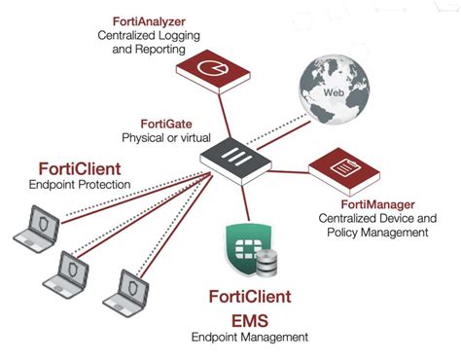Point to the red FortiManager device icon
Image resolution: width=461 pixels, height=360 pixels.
[x=346, y=171]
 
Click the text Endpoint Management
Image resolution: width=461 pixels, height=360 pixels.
[x=255, y=338]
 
